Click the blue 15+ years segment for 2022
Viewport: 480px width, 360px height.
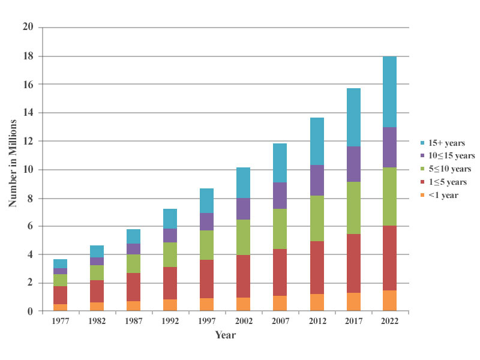(x=384, y=91)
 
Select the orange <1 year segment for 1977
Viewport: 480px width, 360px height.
(x=61, y=307)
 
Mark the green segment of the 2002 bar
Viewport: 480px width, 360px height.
(x=243, y=237)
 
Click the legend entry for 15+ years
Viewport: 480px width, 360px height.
(x=443, y=142)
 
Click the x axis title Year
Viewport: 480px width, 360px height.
(x=226, y=335)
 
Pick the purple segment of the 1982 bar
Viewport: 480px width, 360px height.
(x=97, y=261)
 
